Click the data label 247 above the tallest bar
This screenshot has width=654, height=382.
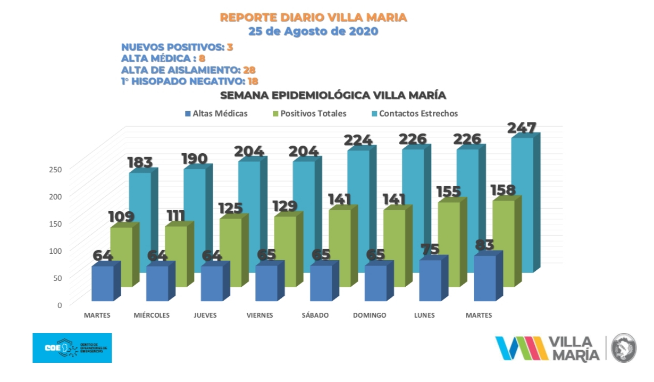[522, 128]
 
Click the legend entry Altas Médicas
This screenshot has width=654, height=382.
[215, 113]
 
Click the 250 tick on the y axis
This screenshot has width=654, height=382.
[56, 169]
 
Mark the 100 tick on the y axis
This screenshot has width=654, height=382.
[56, 251]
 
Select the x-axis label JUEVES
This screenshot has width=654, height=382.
[205, 315]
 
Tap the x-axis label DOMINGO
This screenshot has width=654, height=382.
[370, 315]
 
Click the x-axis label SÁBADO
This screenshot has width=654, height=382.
[315, 315]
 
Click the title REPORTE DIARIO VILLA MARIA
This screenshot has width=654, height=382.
[314, 18]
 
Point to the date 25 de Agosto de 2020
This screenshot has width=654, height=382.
[313, 31]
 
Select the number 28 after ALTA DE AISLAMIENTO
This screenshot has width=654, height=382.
[249, 70]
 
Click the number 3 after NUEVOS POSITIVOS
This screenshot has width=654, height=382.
[230, 47]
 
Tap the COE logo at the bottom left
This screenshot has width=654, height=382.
[72, 348]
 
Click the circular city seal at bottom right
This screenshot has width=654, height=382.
[624, 348]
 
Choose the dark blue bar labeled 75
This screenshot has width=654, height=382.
[430, 280]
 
